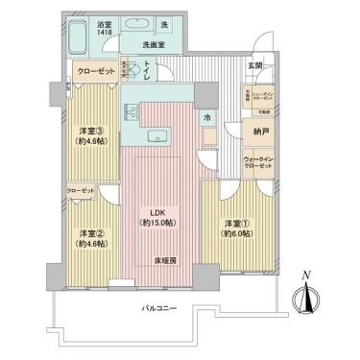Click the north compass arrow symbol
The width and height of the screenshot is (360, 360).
[307, 300]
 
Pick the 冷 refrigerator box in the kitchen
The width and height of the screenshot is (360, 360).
[206, 117]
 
